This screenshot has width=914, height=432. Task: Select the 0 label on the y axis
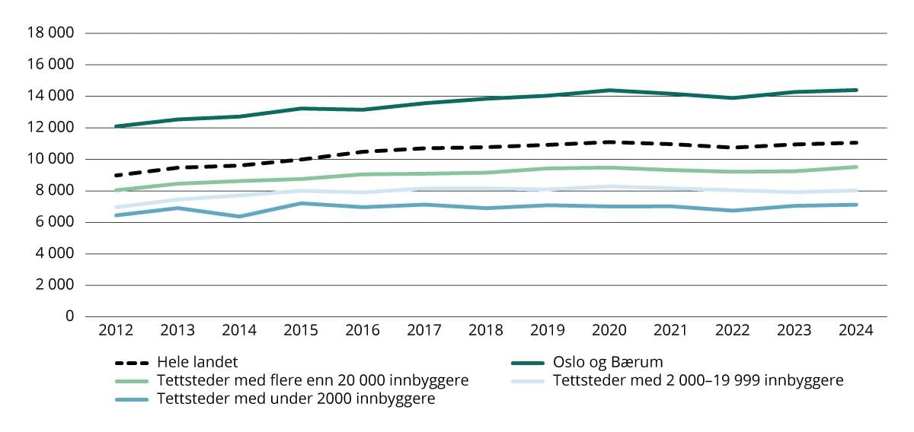point(69,316)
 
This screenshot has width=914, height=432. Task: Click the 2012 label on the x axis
point(116,331)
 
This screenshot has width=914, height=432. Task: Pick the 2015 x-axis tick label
point(301,331)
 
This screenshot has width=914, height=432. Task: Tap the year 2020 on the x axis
point(609,331)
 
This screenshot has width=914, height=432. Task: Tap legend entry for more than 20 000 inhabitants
point(312,380)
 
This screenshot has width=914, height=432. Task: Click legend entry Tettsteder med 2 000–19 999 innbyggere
point(698,380)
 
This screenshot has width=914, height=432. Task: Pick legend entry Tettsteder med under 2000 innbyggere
point(296,399)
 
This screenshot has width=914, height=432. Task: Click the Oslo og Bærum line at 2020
point(609,91)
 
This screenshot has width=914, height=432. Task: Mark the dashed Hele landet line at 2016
point(363,152)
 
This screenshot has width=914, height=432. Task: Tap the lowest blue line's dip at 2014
point(239,217)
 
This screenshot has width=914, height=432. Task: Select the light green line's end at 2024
point(857,167)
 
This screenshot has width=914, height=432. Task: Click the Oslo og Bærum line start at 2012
point(116,126)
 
